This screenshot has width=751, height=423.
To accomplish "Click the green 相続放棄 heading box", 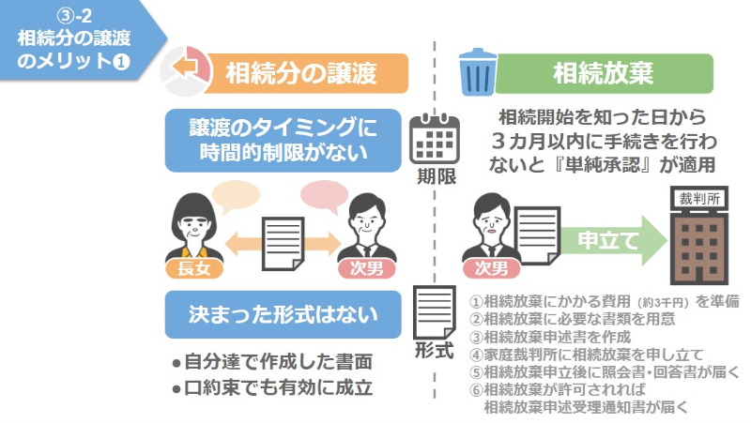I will click(x=604, y=71).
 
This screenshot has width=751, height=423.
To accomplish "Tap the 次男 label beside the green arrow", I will click(x=492, y=269).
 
